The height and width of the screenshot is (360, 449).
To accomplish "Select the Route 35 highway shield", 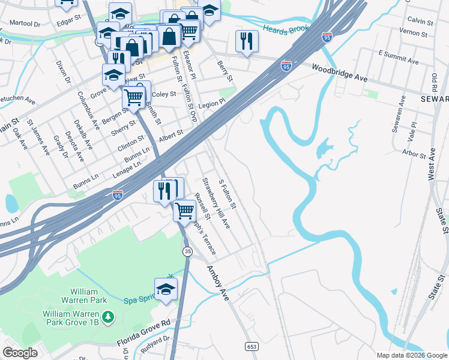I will tap(188, 252).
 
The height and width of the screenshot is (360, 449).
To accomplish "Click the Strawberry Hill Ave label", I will tap(216, 203).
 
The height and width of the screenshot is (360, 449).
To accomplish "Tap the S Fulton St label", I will tap(228, 194).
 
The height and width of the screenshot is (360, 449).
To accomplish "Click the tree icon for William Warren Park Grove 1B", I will tap(108, 316).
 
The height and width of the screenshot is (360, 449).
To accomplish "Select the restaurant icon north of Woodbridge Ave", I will tap(247, 41).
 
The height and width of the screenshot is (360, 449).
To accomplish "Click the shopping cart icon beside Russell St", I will tap(184, 210).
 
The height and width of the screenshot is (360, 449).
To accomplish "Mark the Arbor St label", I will tap(414, 154).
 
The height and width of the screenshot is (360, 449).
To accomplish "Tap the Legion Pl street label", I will tap(212, 103).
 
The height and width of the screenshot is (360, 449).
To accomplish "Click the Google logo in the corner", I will tap(20, 353).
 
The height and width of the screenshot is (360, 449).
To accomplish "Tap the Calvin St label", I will tap(420, 21).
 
